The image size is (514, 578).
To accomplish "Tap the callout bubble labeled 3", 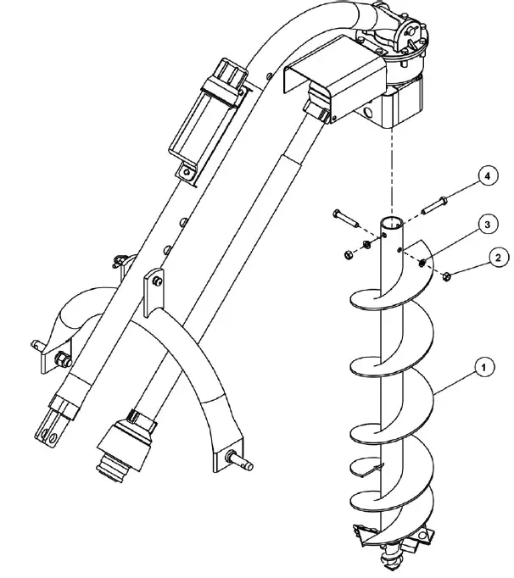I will [x=485, y=225].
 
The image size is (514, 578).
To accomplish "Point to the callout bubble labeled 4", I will [x=486, y=176].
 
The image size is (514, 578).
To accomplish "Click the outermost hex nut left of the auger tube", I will [x=349, y=253].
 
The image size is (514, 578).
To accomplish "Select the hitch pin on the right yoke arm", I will [x=244, y=462].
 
